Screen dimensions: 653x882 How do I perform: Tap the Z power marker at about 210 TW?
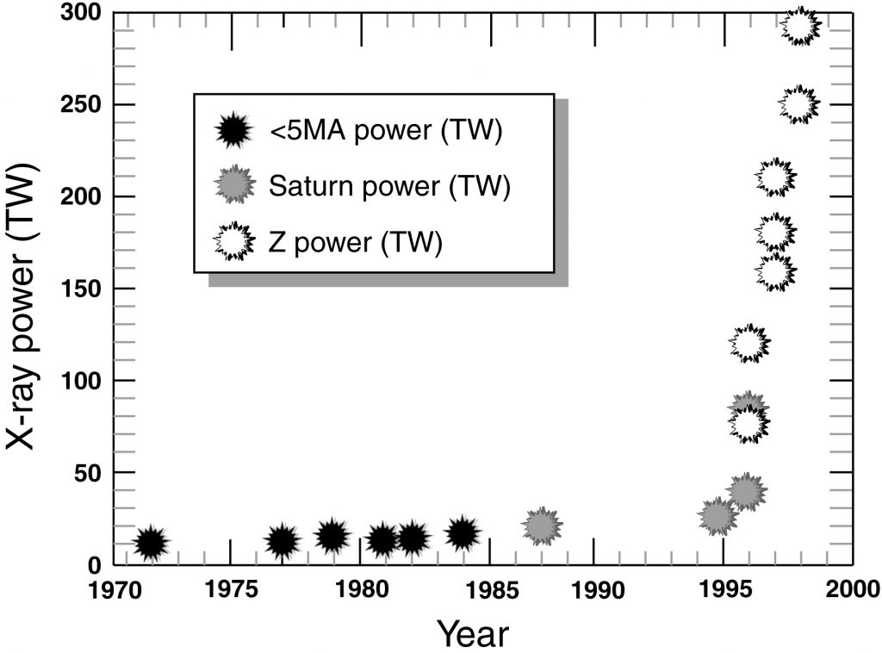(x=775, y=177)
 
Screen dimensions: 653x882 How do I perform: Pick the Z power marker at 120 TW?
(x=748, y=343)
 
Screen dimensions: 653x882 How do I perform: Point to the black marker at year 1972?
(x=152, y=543)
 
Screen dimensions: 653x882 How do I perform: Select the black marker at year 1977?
(x=283, y=541)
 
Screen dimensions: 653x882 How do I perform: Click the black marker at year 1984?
(x=463, y=534)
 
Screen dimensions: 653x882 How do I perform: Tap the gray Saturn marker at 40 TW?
(x=747, y=490)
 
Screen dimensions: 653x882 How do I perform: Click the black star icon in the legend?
(x=233, y=131)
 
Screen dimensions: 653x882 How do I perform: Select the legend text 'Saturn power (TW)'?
(x=389, y=186)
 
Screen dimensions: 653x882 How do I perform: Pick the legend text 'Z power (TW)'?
(x=355, y=242)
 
